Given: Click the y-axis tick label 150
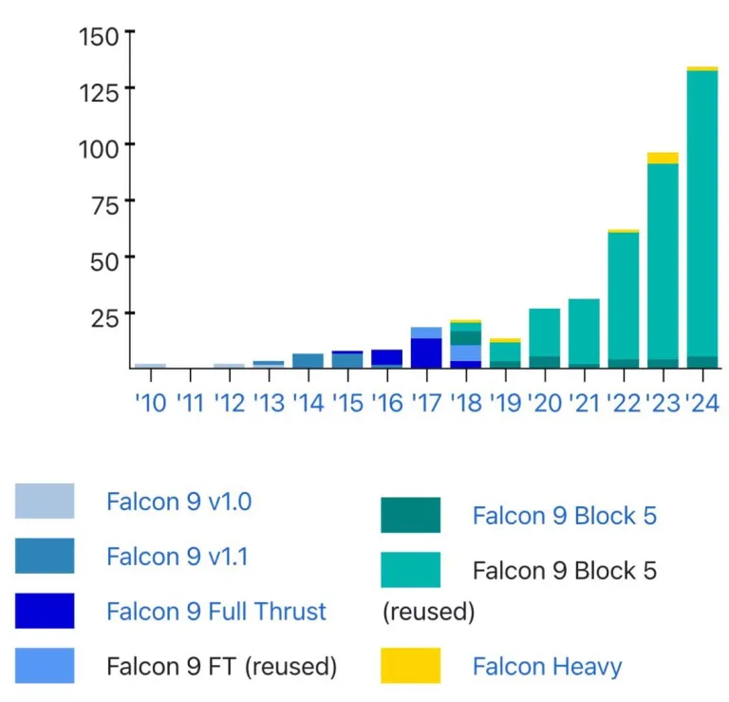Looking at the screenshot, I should tap(99, 36).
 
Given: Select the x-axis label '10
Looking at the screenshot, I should tap(150, 403).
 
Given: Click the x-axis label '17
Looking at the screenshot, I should tap(426, 403).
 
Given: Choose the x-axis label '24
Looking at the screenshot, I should tap(701, 403).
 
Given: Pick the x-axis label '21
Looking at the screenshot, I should tap(584, 403).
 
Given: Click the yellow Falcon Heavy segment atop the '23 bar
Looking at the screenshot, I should tap(663, 158).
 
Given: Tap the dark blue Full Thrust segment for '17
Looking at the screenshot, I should tap(426, 352).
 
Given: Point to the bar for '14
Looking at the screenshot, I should tap(308, 360).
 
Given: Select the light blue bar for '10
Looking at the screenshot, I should tap(150, 365).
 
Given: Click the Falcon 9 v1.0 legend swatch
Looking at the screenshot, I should tap(45, 501).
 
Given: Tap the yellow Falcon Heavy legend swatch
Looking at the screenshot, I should tap(410, 665).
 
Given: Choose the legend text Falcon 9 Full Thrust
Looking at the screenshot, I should tap(216, 611).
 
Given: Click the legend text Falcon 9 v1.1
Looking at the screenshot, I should tap(178, 556).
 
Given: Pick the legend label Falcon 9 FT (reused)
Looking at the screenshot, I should tap(222, 666).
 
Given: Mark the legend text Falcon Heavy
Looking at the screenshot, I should tap(548, 666).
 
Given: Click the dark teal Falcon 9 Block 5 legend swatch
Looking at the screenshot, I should tap(410, 515).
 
